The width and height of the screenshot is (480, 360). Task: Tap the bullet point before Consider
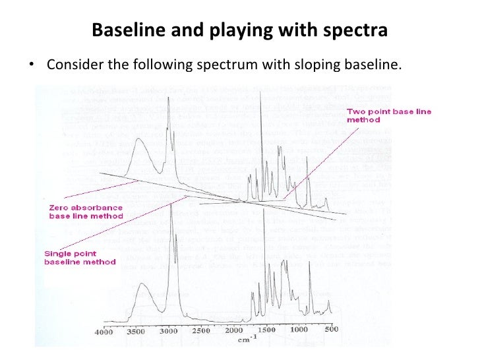pyautogui.click(x=30, y=67)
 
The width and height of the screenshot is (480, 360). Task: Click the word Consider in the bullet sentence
pyautogui.click(x=73, y=66)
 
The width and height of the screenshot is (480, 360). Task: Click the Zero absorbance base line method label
pyautogui.click(x=86, y=211)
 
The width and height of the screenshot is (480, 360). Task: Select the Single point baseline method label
pyautogui.click(x=80, y=257)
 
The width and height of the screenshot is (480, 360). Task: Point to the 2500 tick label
pyautogui.click(x=202, y=330)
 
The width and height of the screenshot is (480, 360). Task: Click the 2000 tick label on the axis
pyautogui.click(x=235, y=331)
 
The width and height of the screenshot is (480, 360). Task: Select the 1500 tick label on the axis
pyautogui.click(x=266, y=329)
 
